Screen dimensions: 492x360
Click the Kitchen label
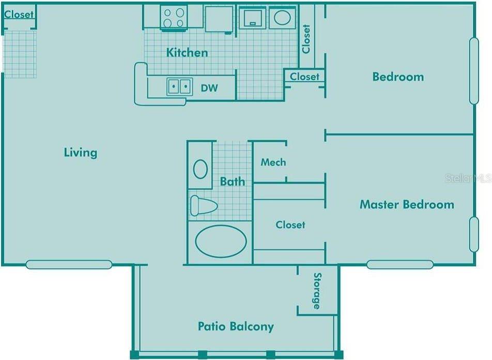187,52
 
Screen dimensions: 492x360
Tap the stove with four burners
174,18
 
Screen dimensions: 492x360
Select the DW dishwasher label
209,88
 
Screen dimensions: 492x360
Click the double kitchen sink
179,86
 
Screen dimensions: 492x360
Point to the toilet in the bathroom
204,206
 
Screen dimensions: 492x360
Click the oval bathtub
221,242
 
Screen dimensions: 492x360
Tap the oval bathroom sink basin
200,169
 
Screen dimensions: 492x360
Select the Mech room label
273,162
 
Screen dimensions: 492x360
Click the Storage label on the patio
317,291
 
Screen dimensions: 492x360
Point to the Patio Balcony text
236,326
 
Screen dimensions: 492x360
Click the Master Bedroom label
407,204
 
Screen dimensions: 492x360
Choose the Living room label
81,153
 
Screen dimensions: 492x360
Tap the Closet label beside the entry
19,14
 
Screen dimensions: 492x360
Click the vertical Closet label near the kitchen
306,39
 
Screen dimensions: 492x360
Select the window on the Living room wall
69,264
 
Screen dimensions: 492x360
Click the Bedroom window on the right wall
474,71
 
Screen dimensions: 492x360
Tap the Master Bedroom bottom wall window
400,264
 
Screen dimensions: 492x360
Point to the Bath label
232,181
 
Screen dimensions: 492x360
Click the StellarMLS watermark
468,178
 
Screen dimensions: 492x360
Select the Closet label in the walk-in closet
290,224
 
